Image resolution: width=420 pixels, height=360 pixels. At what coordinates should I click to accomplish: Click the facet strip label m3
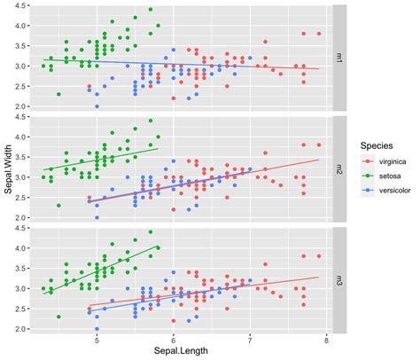tap(338, 279)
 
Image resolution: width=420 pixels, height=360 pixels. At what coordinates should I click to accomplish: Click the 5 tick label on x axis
tap(97, 340)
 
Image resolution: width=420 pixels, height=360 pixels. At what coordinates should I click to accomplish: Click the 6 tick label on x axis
tap(174, 340)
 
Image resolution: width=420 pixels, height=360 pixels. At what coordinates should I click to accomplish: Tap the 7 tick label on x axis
tap(251, 340)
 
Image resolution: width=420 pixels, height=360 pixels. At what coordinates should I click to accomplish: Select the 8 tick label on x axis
tap(327, 340)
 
